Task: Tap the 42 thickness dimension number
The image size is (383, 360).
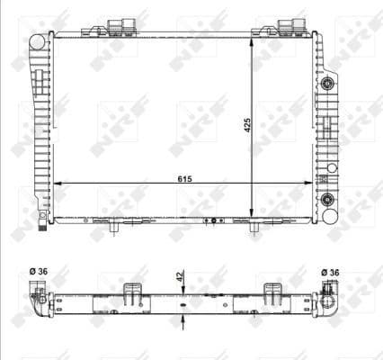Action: (x=180, y=280)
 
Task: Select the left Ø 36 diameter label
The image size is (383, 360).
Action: (x=38, y=271)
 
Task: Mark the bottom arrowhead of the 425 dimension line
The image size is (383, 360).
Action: (x=254, y=212)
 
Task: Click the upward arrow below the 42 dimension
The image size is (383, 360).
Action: (x=183, y=315)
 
